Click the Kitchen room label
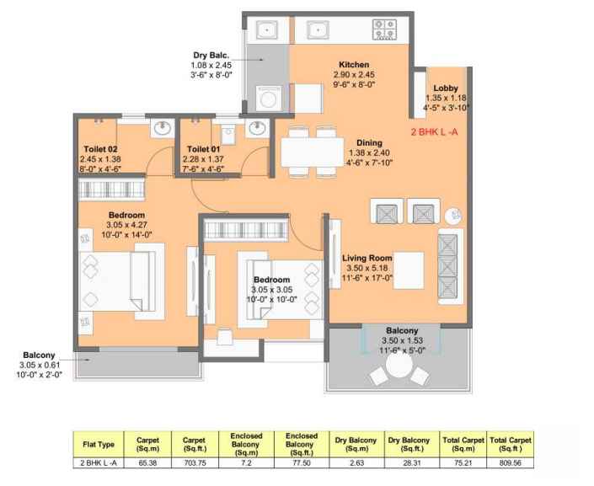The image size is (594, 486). point(354,64)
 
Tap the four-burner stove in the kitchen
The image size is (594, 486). point(384,29)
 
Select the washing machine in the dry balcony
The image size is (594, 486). point(269,99)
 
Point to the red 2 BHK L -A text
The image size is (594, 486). point(435,132)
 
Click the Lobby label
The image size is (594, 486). point(446,88)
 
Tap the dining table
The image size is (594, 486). point(313,152)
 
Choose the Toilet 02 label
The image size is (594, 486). point(100,149)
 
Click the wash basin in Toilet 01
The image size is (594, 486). point(257,128)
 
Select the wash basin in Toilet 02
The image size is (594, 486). point(163,128)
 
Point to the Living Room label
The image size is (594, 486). point(367,258)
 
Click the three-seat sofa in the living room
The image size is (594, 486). point(451,266)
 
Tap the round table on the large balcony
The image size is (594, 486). point(399,366)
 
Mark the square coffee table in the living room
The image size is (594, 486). point(409,270)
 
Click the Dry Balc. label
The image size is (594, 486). point(211,55)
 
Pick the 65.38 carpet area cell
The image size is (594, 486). point(147,463)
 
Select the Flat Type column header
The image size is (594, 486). point(99,445)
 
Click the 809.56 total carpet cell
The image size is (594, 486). point(511,463)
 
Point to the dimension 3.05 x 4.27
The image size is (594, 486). point(126,225)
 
